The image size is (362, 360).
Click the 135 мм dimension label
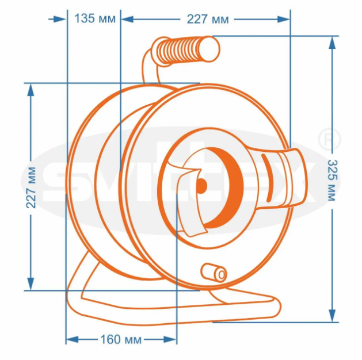pos(95,18)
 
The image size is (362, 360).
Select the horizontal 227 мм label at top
pos(208,19)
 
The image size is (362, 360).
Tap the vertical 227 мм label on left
pos(31,187)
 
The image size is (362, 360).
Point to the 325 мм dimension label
pos(333,181)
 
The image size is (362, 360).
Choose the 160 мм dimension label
pos(121,339)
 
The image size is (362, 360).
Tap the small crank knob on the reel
pos(214,272)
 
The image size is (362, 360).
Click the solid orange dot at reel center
pos(201,186)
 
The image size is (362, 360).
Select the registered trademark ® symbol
pos(329,139)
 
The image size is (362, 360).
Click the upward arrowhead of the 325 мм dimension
pos(332,43)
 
